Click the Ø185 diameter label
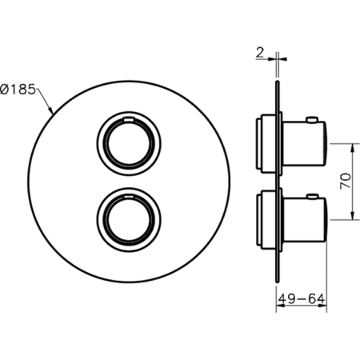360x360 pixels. [18, 90]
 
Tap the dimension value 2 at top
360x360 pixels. [259, 53]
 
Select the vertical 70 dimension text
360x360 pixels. [346, 182]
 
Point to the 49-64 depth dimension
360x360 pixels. [302, 299]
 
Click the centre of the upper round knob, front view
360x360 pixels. [129, 144]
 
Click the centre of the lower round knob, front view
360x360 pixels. [129, 220]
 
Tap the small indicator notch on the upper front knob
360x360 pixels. [129, 119]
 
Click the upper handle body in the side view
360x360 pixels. [304, 144]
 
